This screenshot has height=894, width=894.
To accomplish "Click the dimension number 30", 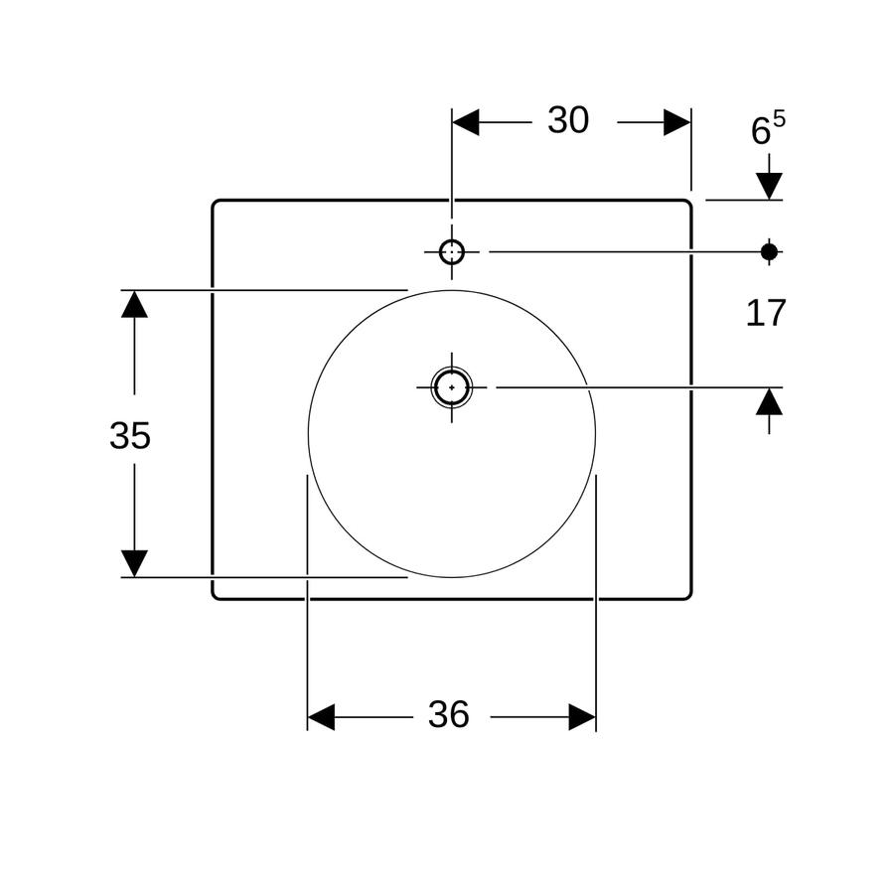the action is [568, 120].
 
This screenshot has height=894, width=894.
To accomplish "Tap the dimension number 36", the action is [449, 714].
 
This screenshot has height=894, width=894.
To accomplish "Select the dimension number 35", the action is [130, 436].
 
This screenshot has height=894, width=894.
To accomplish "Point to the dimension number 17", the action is [766, 313].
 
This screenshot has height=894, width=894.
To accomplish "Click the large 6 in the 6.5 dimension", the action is [761, 130].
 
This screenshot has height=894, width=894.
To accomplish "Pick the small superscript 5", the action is [779, 119].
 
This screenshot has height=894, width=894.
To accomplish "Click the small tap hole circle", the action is [452, 251].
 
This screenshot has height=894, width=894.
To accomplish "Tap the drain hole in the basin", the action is [452, 387].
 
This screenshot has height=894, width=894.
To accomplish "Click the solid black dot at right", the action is [769, 251].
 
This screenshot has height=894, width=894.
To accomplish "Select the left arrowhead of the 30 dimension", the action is [465, 122].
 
